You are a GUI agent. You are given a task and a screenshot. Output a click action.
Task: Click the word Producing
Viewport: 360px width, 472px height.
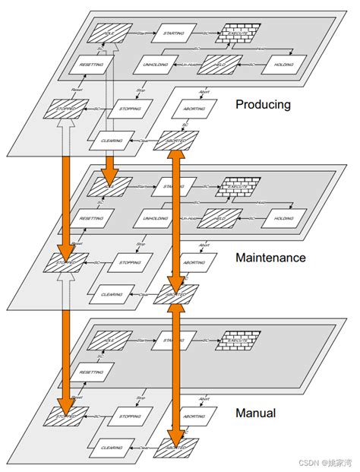pos(263,104)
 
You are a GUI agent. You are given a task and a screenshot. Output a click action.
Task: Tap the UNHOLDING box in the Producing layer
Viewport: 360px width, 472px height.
pos(156,65)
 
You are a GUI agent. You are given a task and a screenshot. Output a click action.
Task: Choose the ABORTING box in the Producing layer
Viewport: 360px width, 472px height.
pos(196,109)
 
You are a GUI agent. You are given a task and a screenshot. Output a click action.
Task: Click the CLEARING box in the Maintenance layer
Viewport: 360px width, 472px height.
pos(111,293)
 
